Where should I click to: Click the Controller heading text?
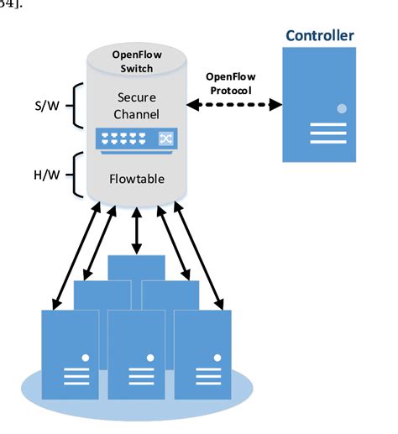pos(320,35)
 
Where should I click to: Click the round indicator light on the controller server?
pos(342,109)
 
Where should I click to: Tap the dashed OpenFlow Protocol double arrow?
pos(235,106)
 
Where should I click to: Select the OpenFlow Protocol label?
pos(231,82)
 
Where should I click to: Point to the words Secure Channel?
pos(136,104)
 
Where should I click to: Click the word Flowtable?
pos(136,179)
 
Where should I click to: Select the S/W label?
pos(44,106)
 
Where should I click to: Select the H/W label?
pos(44,178)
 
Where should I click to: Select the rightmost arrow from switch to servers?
pos(199,256)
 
